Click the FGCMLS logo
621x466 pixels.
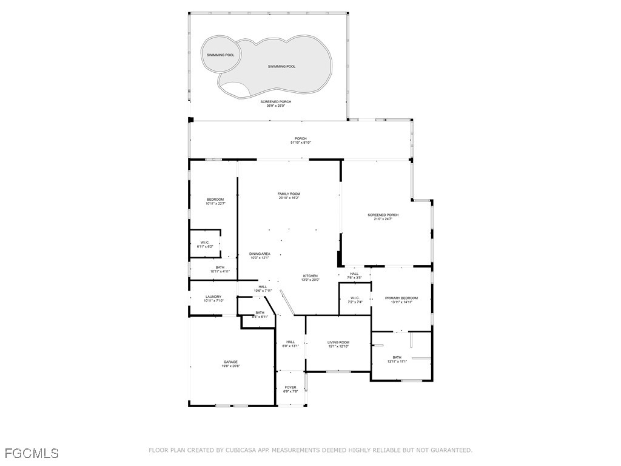click(x=32, y=453)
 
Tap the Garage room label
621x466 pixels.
click(x=230, y=362)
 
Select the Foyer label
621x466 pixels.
click(x=290, y=387)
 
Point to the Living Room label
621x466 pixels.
click(x=338, y=342)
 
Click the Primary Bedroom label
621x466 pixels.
click(x=401, y=298)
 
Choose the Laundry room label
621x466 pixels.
click(x=213, y=297)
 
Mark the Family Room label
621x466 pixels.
click(x=289, y=194)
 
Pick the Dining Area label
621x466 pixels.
click(x=260, y=254)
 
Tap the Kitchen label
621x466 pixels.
click(x=310, y=275)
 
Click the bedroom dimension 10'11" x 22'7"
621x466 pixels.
click(x=215, y=204)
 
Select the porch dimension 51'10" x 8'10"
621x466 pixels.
click(x=301, y=143)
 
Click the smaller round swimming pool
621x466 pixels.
click(x=220, y=55)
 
